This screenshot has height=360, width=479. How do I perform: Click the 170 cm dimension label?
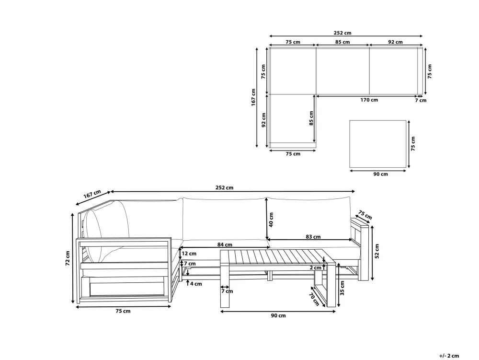[x=369, y=100]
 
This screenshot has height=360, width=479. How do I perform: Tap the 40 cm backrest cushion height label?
[x=271, y=220]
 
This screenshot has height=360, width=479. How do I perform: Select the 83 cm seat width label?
[x=313, y=236]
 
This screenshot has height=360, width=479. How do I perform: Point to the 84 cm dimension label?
[x=225, y=244]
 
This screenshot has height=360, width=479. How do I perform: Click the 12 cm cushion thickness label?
[x=189, y=254]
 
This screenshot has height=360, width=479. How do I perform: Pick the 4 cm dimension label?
[x=196, y=284]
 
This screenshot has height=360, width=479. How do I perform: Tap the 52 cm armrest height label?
[x=376, y=251]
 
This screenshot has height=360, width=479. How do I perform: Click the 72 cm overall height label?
[x=68, y=258]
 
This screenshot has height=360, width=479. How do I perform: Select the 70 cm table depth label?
[x=314, y=300]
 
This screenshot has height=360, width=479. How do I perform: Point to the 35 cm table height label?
[x=342, y=288]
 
